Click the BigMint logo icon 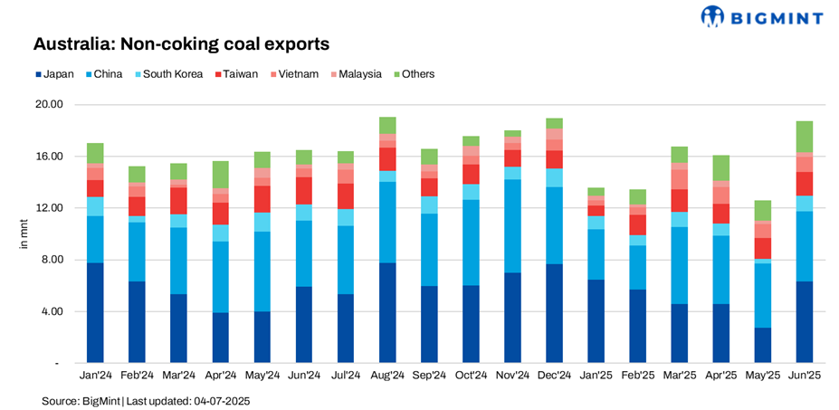point(713,16)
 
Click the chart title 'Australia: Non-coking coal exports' point(181,43)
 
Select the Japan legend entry point(55,73)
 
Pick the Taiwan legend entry point(236,73)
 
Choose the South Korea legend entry point(171,73)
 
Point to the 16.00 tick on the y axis point(46,157)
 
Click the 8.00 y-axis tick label point(49,261)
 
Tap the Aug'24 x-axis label point(387,374)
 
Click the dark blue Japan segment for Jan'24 point(94,313)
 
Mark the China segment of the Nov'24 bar point(513,226)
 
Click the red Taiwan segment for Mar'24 point(178,201)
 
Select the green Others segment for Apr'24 point(220,175)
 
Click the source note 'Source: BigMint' point(81,400)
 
